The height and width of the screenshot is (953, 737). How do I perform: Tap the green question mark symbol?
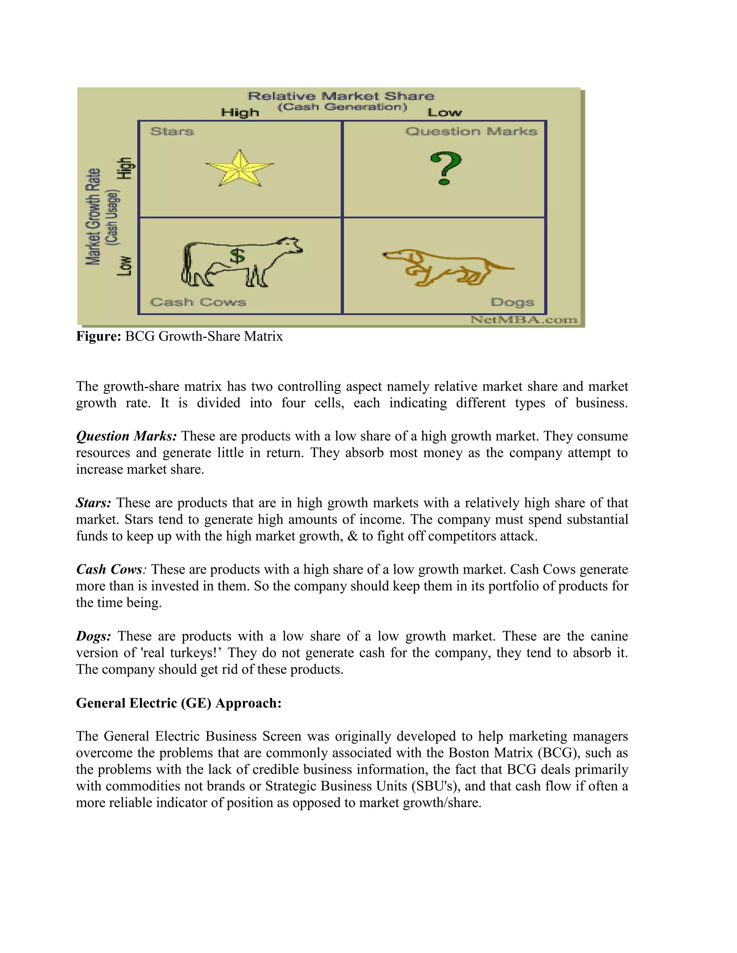445,168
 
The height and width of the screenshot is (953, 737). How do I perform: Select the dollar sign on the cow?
237,256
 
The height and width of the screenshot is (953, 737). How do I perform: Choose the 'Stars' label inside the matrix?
172,131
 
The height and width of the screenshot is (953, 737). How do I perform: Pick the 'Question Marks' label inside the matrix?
471,131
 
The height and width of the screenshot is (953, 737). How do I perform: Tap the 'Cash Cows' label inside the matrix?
198,302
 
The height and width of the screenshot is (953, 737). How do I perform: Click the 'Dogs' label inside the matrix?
512,302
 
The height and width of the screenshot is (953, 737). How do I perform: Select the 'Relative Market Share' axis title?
341,96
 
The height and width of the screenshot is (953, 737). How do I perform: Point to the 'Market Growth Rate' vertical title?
93,216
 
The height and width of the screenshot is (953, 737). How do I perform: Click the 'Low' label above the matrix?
444,113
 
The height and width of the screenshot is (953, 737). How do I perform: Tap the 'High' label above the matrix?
240,113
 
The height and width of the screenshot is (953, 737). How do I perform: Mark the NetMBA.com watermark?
524,320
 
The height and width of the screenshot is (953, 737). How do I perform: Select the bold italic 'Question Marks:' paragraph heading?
126,436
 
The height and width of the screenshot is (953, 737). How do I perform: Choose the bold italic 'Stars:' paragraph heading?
94,503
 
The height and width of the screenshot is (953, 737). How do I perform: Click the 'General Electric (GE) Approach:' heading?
178,703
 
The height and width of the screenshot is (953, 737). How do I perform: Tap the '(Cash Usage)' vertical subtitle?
113,217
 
